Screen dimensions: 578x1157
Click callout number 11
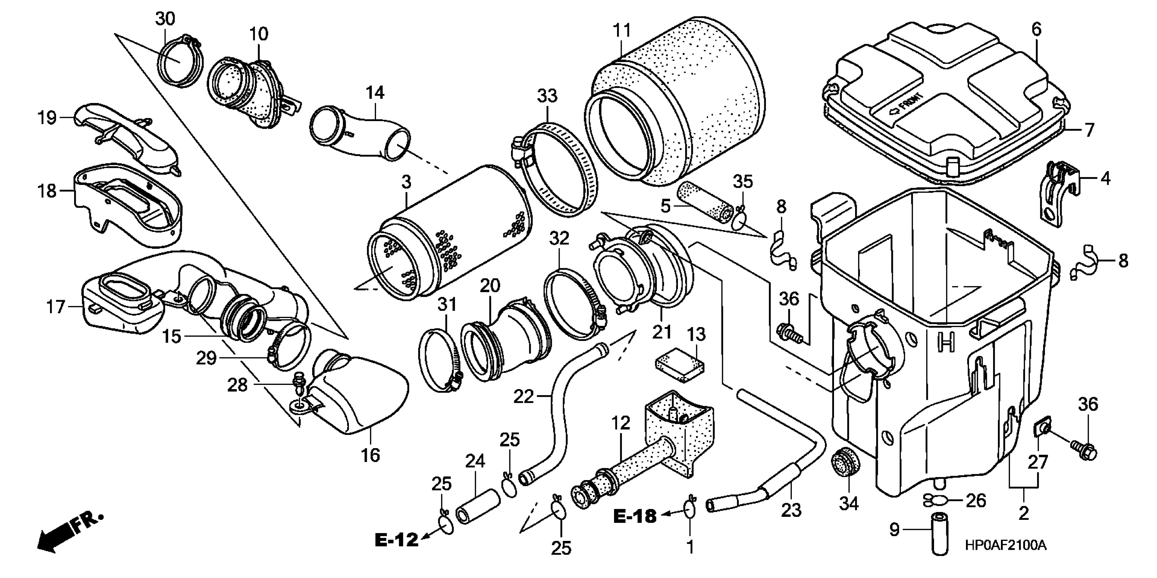coord(622,31)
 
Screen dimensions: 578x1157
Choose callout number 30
coord(165,19)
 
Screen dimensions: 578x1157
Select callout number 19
coord(47,118)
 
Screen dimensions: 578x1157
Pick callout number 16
coord(371,455)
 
